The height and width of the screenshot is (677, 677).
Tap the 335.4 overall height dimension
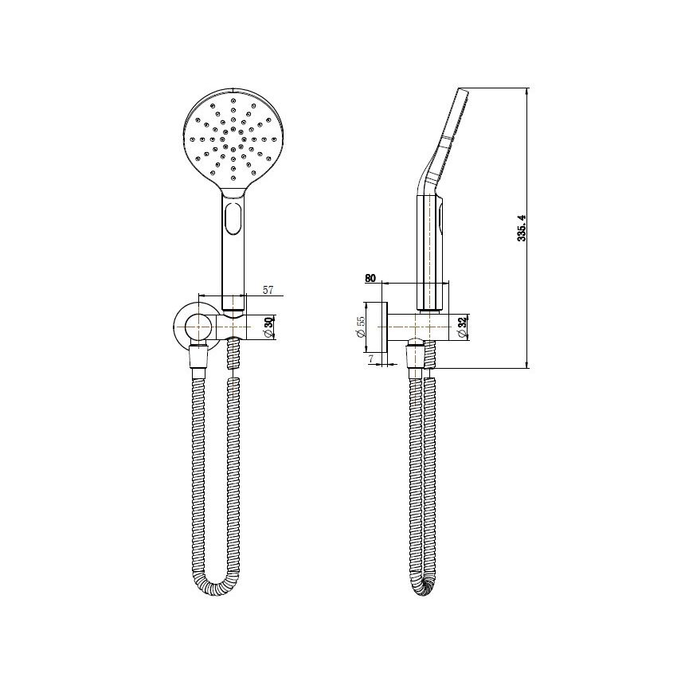click(x=522, y=228)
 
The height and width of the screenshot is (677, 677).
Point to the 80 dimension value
click(x=370, y=278)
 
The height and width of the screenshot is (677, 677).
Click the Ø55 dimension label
click(x=361, y=327)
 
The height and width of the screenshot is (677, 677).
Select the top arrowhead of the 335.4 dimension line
click(x=527, y=92)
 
